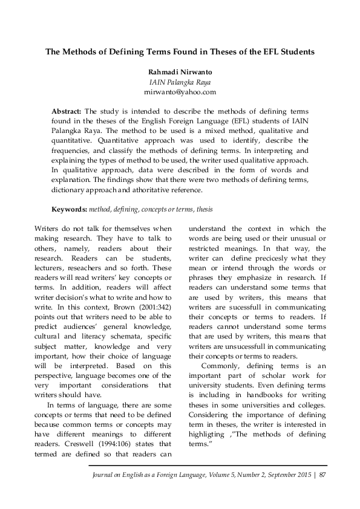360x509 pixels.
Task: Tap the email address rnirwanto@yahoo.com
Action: (180, 92)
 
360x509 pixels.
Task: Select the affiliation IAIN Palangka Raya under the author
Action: (180, 82)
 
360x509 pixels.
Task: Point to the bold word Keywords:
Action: (69, 209)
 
